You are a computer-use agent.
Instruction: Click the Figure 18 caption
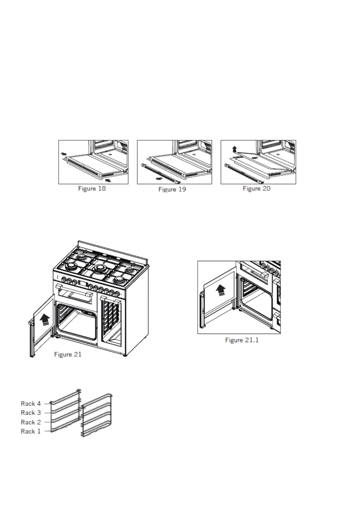92,189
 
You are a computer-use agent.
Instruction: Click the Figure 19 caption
172,190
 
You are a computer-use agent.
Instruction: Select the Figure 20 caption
257,189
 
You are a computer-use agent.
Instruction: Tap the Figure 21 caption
68,354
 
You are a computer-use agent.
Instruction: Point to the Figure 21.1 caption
242,340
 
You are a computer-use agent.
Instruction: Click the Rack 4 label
31,404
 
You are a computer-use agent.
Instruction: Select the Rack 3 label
31,413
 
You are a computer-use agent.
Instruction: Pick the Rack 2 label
31,422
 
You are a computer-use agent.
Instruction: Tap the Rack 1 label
31,431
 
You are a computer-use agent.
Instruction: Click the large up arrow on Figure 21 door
45,319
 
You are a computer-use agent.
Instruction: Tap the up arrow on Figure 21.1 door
221,290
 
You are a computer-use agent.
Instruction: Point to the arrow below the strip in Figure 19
158,178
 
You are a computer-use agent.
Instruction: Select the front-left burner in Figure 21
72,267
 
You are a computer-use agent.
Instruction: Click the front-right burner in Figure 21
119,280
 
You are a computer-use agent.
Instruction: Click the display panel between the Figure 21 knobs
82,284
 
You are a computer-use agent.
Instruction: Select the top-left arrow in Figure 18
63,154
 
